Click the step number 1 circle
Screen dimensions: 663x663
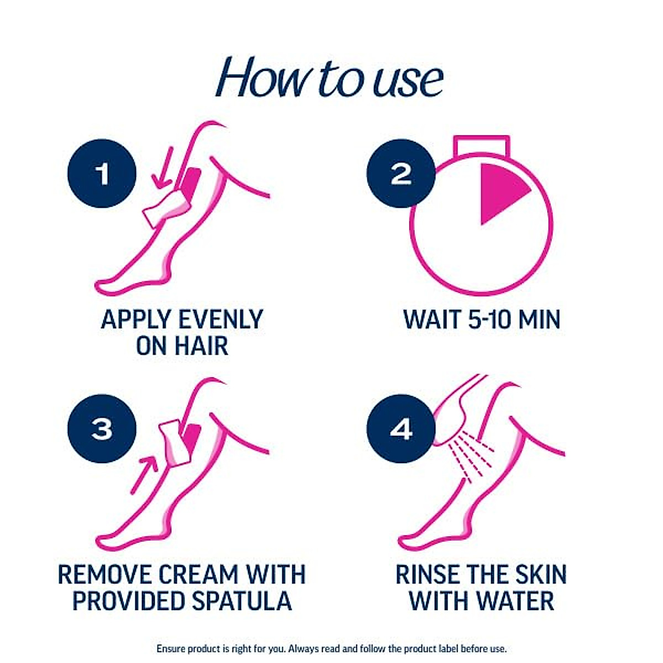click(102, 173)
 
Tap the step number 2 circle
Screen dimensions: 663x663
click(401, 173)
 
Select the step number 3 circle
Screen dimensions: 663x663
click(102, 429)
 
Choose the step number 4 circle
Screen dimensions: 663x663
click(401, 429)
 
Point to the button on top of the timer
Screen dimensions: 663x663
click(481, 145)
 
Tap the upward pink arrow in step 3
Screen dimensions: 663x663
click(145, 473)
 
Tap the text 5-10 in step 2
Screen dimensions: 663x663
click(482, 320)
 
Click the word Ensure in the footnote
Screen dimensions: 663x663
click(171, 649)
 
